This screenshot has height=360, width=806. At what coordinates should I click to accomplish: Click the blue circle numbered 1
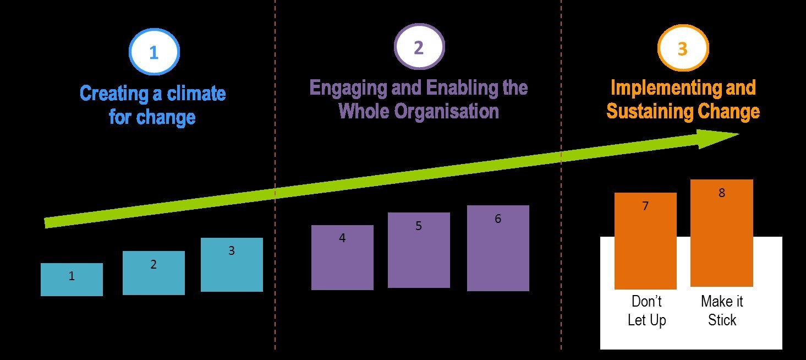click(154, 53)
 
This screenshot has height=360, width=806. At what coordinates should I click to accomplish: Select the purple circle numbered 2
click(419, 48)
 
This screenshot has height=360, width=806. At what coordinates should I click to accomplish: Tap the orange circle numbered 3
click(683, 50)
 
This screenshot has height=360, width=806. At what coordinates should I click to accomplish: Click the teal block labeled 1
click(72, 280)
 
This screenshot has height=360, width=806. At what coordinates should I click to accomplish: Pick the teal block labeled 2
click(153, 273)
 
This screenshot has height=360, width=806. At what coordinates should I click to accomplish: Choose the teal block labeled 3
click(232, 265)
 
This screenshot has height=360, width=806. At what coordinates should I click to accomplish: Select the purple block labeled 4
click(342, 258)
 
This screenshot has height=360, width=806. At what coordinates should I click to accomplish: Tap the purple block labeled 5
click(419, 250)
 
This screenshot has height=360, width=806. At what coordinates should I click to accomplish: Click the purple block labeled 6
click(498, 248)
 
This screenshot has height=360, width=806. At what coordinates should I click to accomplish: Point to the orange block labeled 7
click(645, 241)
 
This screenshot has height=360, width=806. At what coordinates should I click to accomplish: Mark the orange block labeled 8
click(722, 233)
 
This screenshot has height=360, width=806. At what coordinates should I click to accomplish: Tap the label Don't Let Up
click(646, 311)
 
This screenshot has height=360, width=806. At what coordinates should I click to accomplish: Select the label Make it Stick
click(722, 311)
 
